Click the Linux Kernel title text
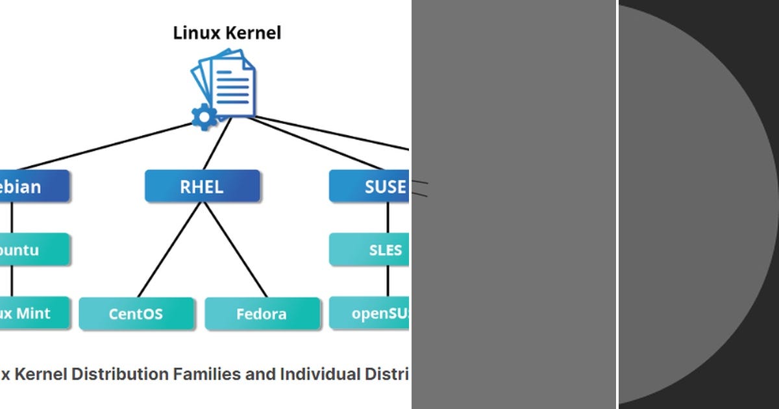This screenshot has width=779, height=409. (x=227, y=33)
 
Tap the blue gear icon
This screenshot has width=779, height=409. (x=204, y=117)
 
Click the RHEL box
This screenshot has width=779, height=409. (x=202, y=187)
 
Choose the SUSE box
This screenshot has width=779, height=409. (x=369, y=187)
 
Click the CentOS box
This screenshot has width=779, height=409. (x=136, y=314)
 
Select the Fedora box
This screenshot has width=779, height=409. (x=262, y=314)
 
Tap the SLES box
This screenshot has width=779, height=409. (x=369, y=250)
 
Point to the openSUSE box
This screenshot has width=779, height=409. (x=369, y=314)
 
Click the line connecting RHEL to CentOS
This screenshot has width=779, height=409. (x=167, y=250)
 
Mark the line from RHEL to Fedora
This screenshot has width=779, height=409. (x=236, y=250)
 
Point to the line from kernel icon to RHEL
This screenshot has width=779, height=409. (x=217, y=144)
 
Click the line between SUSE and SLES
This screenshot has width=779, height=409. (x=388, y=218)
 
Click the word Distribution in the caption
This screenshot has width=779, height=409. (x=120, y=374)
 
